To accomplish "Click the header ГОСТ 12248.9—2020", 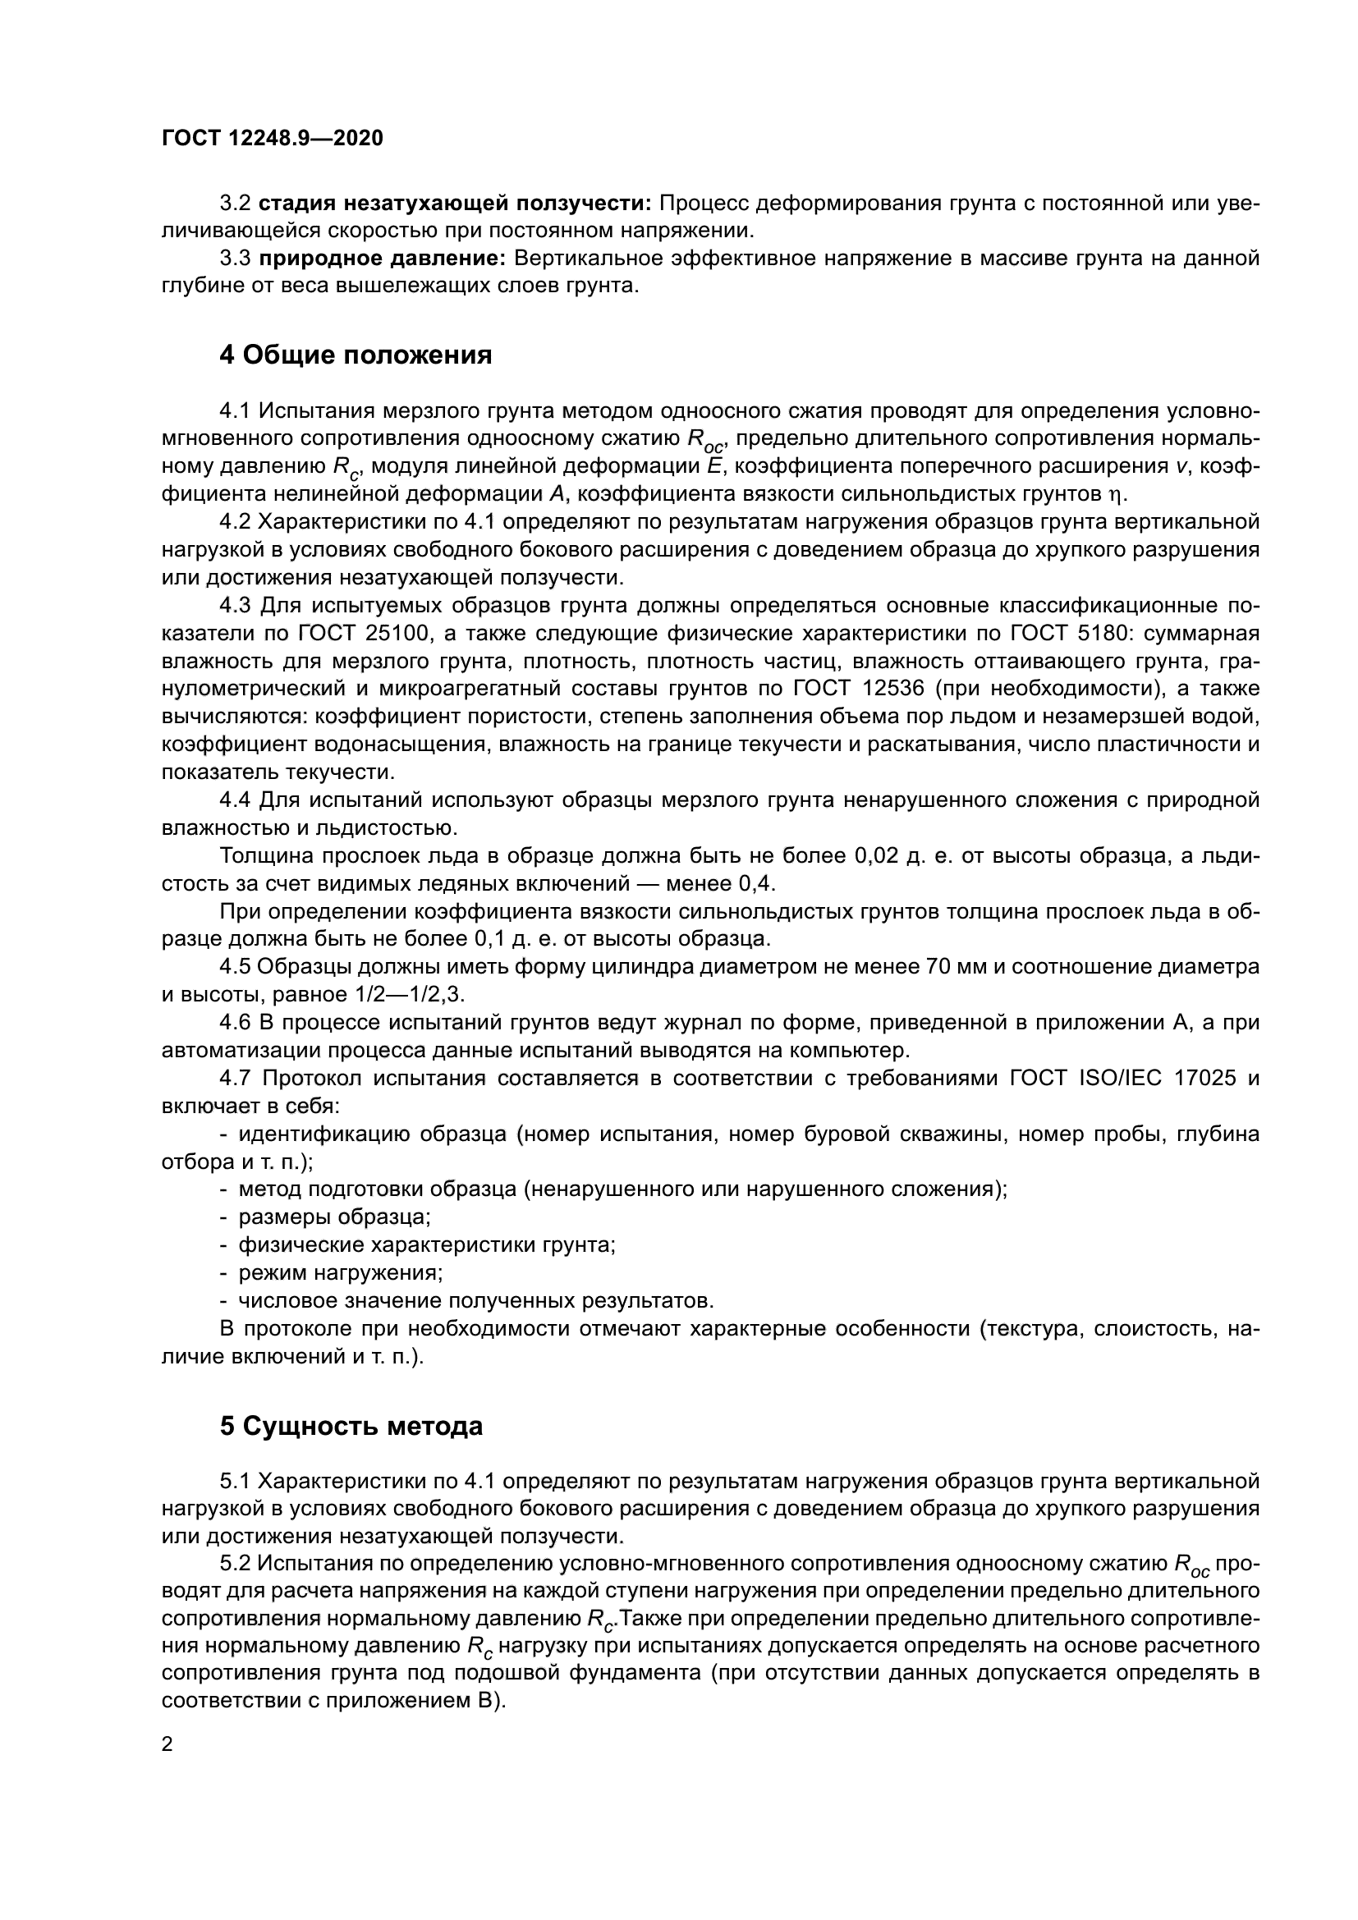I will pyautogui.click(x=272, y=138).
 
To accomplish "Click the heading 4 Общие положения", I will pyautogui.click(x=356, y=355).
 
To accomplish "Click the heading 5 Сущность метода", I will pyautogui.click(x=351, y=1426).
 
